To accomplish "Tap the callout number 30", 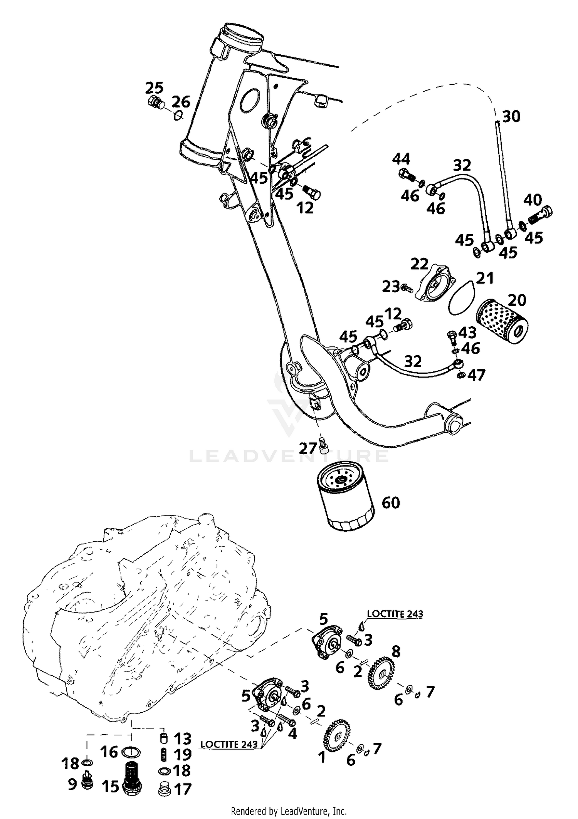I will tap(511, 116).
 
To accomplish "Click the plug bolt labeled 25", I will tap(155, 103).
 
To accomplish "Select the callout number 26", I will tap(181, 102).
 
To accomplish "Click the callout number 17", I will tap(183, 789).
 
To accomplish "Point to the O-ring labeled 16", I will tap(131, 752).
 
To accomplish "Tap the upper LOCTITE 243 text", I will tap(395, 613).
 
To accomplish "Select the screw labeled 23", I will tap(407, 287).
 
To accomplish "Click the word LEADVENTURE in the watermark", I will tap(289, 456).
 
